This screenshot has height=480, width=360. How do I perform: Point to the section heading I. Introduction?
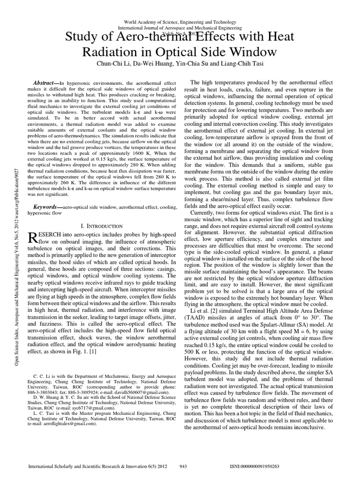coord(102,226)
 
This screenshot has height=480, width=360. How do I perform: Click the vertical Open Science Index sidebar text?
coord(17,234)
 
